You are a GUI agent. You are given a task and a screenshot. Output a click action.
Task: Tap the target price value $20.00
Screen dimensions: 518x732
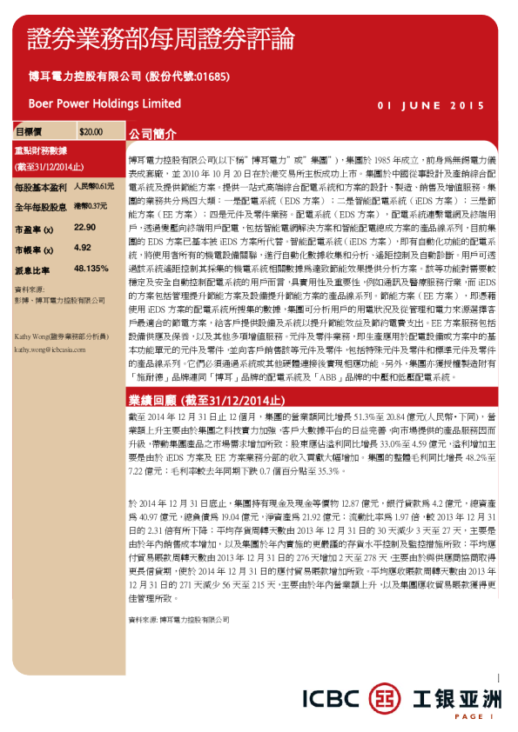pos(91,132)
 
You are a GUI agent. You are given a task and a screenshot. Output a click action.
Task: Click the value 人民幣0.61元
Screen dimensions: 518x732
pos(93,186)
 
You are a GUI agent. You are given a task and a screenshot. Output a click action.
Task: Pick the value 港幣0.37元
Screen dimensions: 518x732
pos(91,207)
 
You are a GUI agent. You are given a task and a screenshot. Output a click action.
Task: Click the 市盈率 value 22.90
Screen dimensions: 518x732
pos(85,227)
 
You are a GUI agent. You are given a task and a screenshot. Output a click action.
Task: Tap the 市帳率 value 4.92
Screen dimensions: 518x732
pos(84,248)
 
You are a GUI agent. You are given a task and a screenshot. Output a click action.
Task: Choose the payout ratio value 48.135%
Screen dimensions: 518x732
pos(91,269)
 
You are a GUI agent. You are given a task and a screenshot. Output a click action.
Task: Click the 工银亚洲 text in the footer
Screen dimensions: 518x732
pos(456,695)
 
